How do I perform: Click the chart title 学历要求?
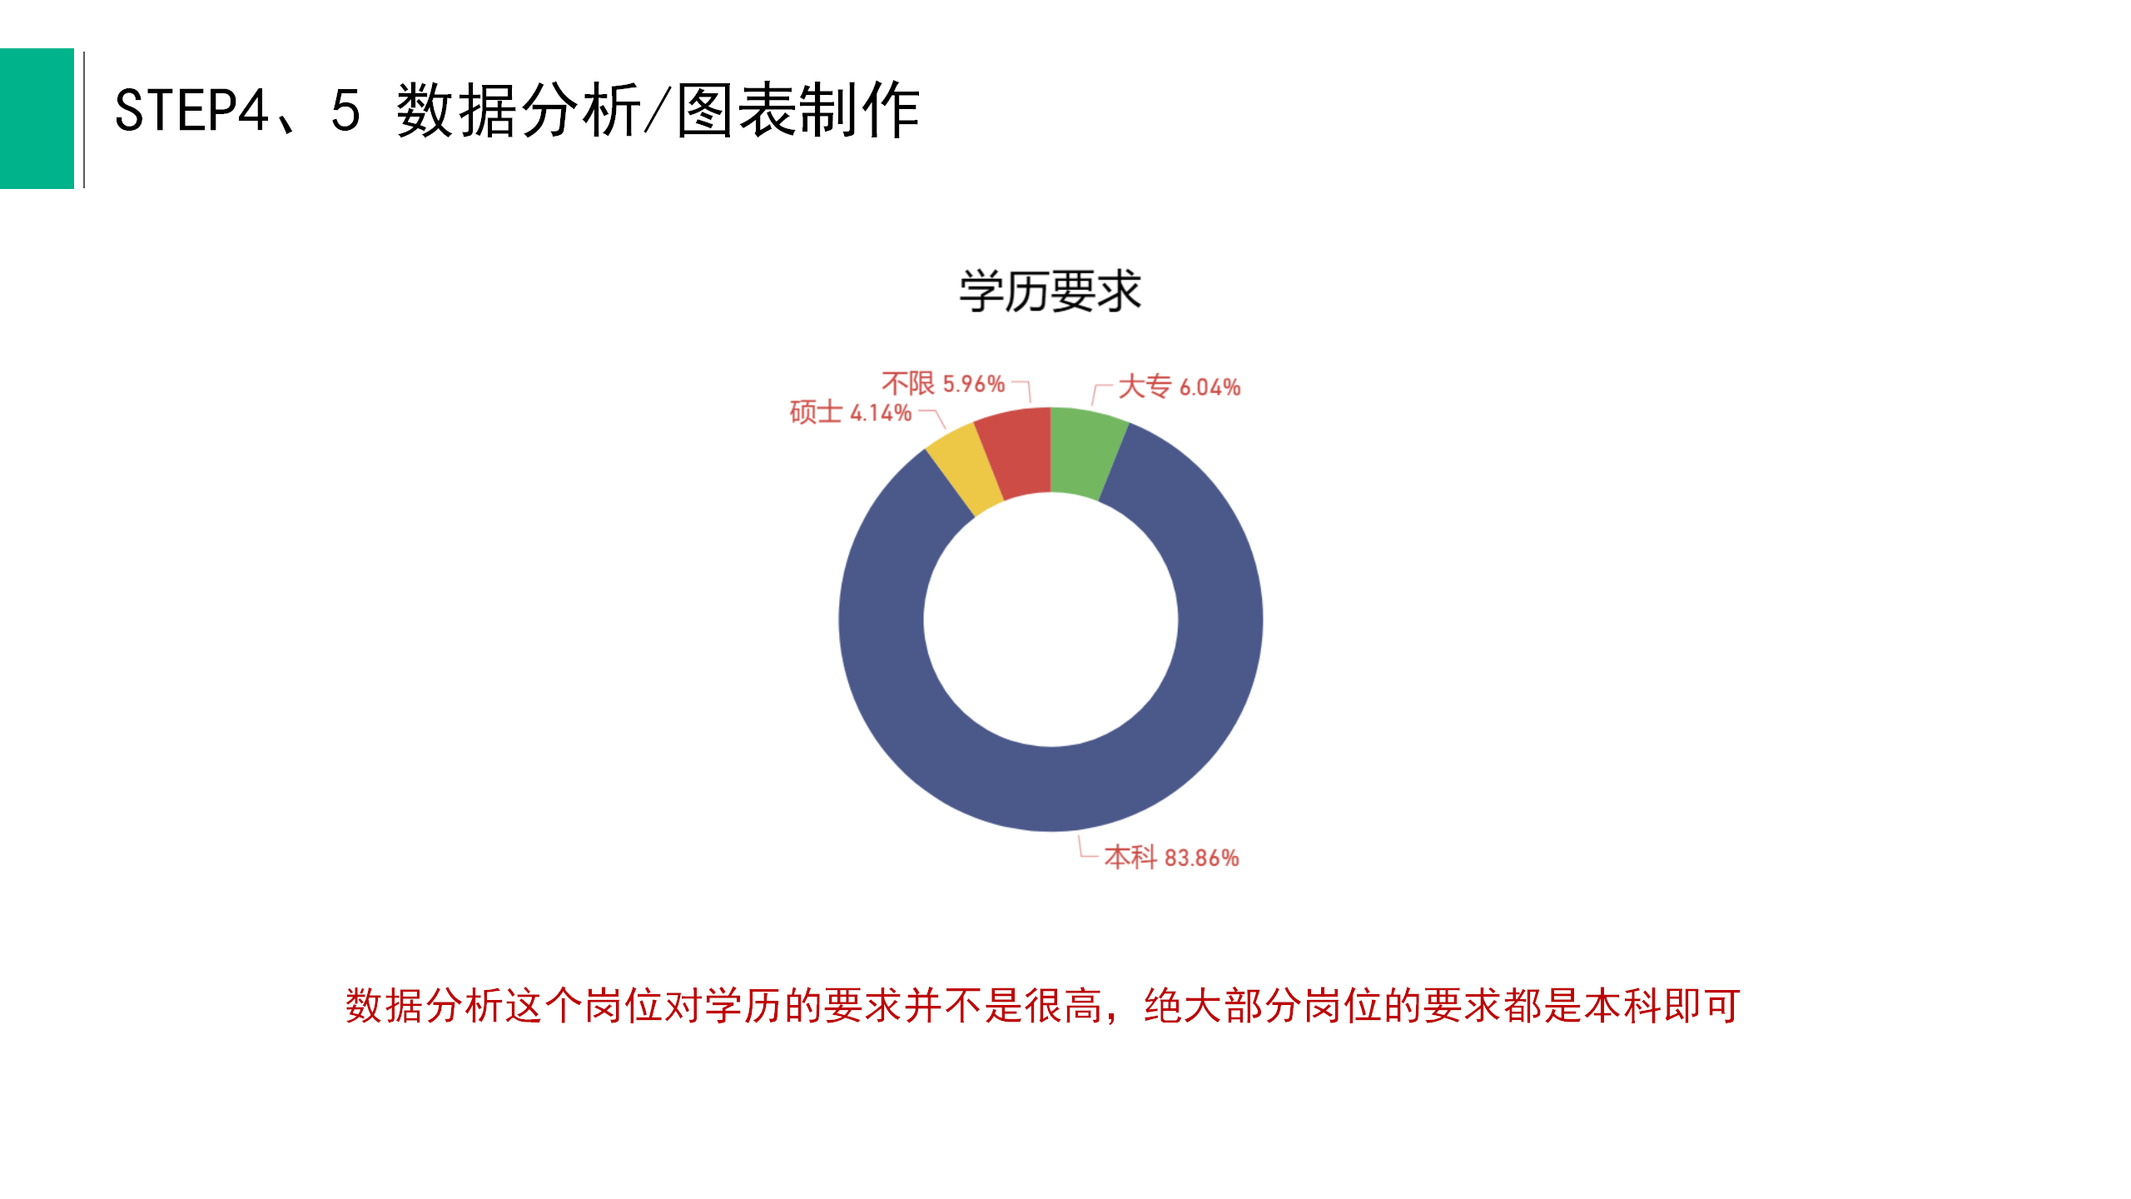[x=1050, y=291]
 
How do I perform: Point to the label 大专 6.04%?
[x=1179, y=387]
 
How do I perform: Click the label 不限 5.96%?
[x=943, y=384]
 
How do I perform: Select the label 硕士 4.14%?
[x=851, y=412]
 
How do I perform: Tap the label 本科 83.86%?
[x=1171, y=858]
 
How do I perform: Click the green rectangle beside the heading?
[x=37, y=118]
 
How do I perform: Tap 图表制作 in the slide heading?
[x=797, y=111]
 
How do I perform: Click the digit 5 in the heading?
[x=345, y=111]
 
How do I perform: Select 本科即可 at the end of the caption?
[x=1662, y=1006]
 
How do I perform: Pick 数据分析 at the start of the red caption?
[x=424, y=1006]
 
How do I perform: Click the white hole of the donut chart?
[x=1051, y=619]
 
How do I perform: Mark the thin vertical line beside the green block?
[x=84, y=119]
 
